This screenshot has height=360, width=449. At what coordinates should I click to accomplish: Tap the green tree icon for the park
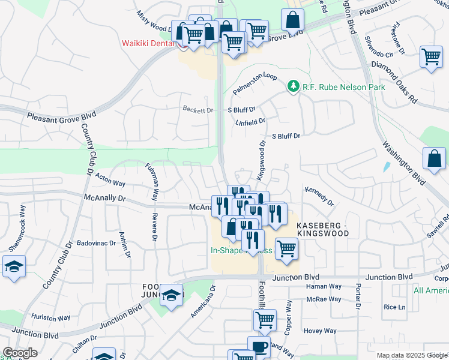click(294, 87)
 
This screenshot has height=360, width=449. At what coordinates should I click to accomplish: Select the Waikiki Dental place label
click(148, 43)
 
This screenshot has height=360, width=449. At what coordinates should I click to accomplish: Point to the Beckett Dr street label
click(198, 110)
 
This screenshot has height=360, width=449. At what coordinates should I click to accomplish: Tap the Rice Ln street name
click(394, 307)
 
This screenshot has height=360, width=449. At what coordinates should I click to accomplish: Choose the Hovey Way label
click(320, 331)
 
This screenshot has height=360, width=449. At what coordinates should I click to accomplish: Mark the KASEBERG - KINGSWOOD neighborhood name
click(322, 229)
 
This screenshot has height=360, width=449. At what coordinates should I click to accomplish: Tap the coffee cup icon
click(259, 346)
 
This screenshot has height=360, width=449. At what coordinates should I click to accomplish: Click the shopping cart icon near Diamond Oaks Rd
click(431, 57)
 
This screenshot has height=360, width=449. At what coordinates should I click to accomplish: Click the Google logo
click(20, 353)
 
